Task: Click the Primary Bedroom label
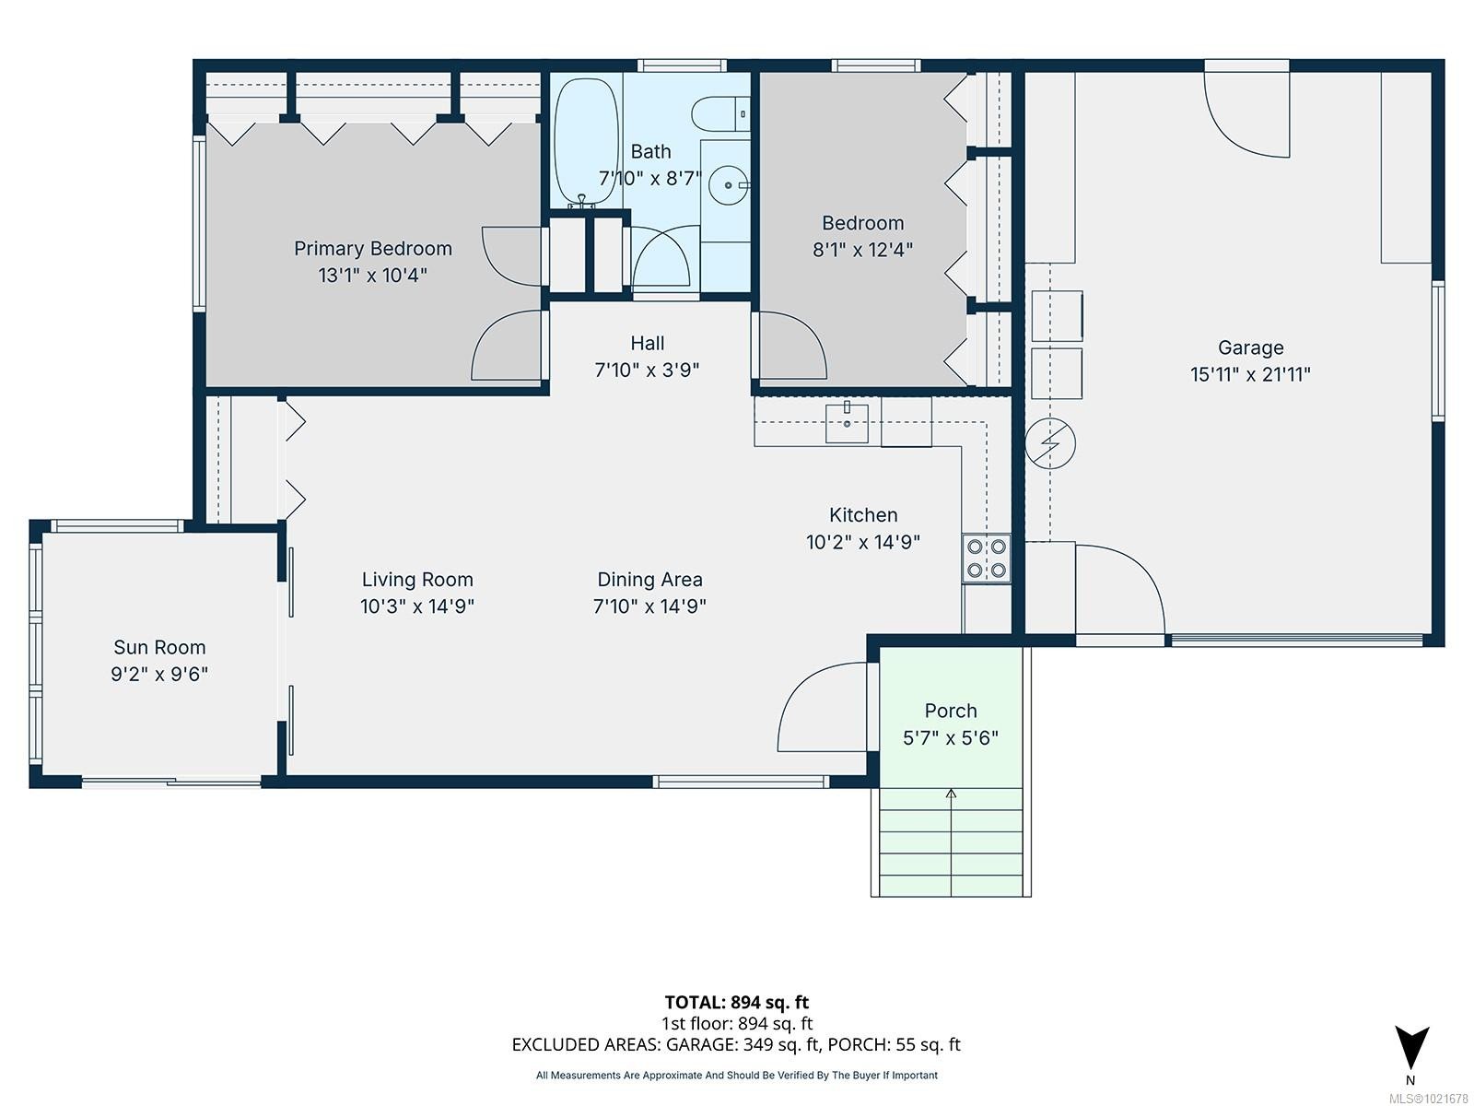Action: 372,248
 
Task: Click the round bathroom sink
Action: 729,185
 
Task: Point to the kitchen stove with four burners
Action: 986,559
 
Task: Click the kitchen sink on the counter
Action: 847,423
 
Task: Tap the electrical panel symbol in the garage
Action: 1050,443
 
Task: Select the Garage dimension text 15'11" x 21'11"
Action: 1250,374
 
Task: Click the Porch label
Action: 951,711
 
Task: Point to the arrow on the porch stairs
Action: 951,794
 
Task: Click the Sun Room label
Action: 159,647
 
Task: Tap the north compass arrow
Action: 1410,1047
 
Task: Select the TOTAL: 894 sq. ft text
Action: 736,1002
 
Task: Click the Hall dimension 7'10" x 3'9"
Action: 647,370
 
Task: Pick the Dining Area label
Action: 649,580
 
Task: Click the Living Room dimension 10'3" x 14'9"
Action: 416,606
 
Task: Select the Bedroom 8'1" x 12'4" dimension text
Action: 862,249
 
